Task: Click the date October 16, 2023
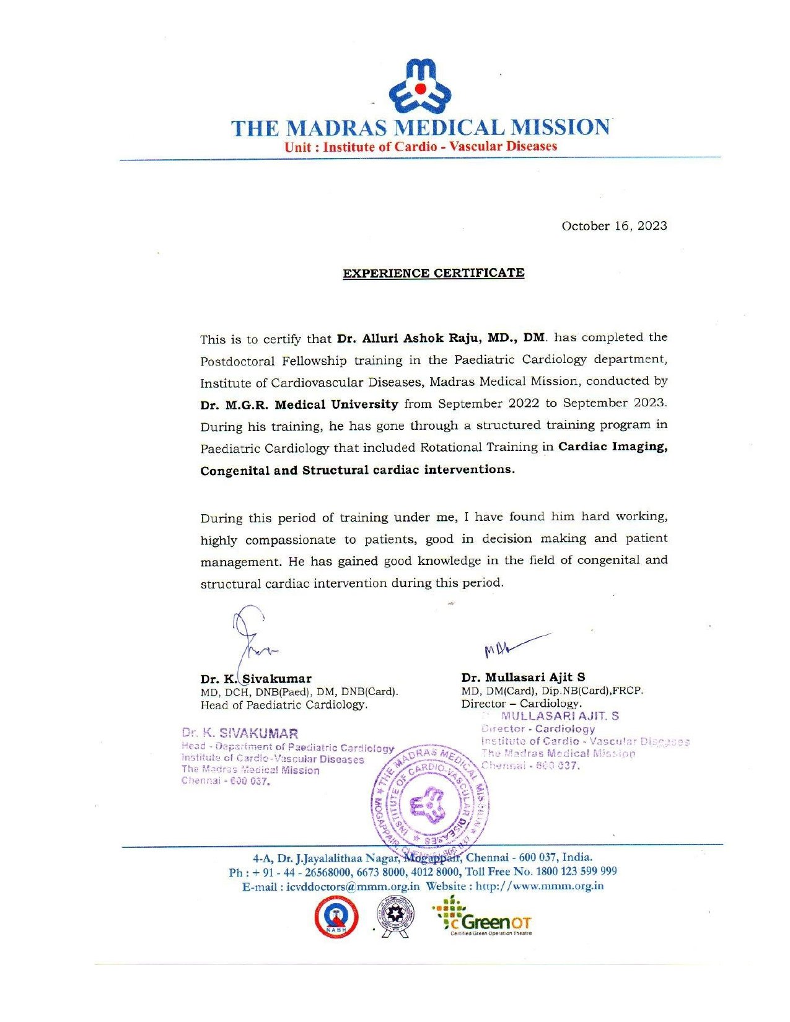click(614, 226)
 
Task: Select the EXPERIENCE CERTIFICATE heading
click(434, 273)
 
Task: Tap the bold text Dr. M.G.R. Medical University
click(299, 404)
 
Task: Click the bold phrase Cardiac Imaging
click(612, 447)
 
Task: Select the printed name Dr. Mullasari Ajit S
click(523, 677)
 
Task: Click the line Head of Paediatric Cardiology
click(284, 705)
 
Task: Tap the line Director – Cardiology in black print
click(521, 704)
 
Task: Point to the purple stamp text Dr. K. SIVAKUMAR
click(240, 734)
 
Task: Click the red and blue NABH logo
click(336, 918)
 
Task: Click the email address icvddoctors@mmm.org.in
click(353, 886)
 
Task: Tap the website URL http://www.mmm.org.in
click(539, 886)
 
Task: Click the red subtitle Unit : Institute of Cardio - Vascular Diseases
click(421, 147)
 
